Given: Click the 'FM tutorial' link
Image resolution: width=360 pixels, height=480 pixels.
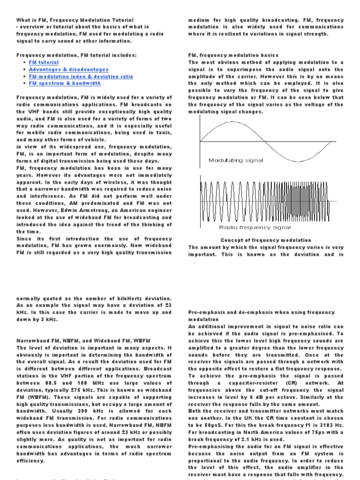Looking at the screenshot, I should [44, 62].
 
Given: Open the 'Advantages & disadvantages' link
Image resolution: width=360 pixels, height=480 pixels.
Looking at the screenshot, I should [68, 69].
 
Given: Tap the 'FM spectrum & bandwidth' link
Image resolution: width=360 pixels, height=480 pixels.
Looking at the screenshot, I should [65, 83].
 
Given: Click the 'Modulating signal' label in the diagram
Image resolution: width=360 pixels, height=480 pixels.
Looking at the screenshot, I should [236, 160].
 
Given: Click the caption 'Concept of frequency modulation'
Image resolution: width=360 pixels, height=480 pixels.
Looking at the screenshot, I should [266, 240].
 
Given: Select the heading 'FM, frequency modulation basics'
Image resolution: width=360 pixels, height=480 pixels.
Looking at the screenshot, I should [233, 55].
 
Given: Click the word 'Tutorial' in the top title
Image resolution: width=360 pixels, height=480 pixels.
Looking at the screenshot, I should [120, 20].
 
